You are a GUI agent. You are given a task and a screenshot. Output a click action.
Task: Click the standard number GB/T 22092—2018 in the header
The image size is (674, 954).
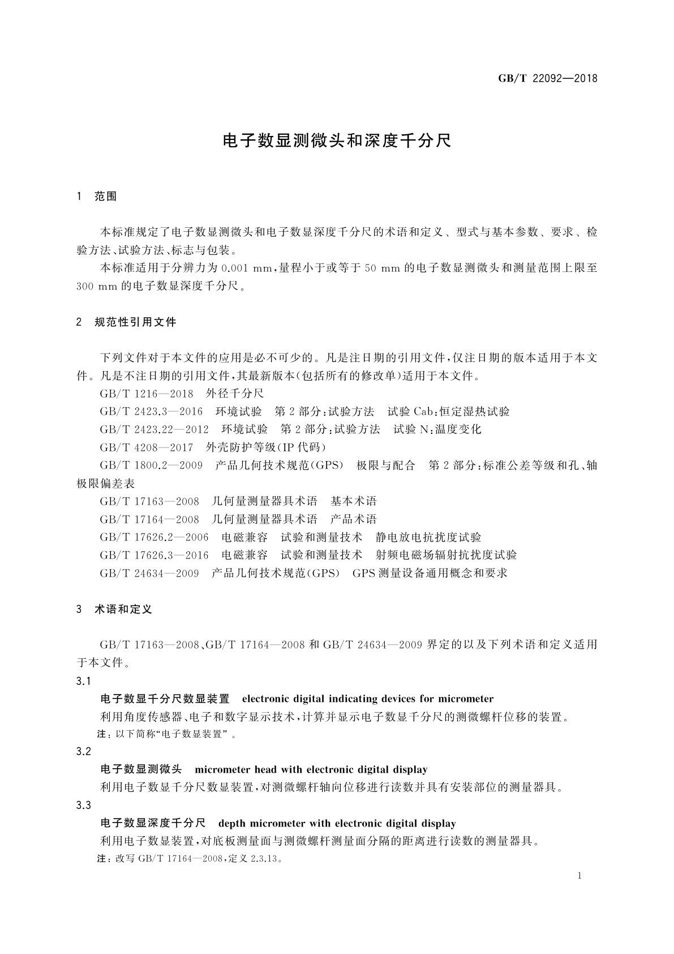pos(547,78)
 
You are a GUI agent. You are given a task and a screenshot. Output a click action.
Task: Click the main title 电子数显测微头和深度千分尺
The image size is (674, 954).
pos(337,140)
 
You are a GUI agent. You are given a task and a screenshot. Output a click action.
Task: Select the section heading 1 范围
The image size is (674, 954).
pos(97,197)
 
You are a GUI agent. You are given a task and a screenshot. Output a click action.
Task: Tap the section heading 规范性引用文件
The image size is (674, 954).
pos(135,322)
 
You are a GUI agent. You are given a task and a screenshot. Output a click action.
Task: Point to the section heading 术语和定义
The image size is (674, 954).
pos(123,610)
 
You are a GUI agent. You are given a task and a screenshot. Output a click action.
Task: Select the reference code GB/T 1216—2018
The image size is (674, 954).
pos(147,393)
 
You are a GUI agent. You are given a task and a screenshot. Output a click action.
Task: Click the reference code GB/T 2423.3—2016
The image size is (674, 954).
pos(151,411)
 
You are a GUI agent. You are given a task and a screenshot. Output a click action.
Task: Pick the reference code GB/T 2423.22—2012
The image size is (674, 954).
pos(154,429)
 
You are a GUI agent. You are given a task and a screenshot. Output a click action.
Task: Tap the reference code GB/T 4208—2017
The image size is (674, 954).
pos(147,448)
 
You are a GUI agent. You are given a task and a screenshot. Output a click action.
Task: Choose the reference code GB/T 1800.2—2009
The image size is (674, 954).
pos(151,466)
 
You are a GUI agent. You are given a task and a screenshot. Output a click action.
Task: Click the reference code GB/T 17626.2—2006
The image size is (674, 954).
pos(154,538)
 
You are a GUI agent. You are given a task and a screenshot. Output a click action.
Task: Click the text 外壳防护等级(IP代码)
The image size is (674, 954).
pos(266,448)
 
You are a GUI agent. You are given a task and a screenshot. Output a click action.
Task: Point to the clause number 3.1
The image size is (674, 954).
pos(83,681)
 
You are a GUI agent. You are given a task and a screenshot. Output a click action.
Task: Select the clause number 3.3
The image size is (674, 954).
pos(83,806)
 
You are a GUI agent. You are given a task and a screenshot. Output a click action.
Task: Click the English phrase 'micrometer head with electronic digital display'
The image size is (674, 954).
pos(311,769)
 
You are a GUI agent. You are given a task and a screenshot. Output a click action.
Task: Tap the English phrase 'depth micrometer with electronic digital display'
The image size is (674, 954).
pos(337,824)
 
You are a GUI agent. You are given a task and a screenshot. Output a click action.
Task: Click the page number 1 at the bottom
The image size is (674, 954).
pos(580,876)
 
